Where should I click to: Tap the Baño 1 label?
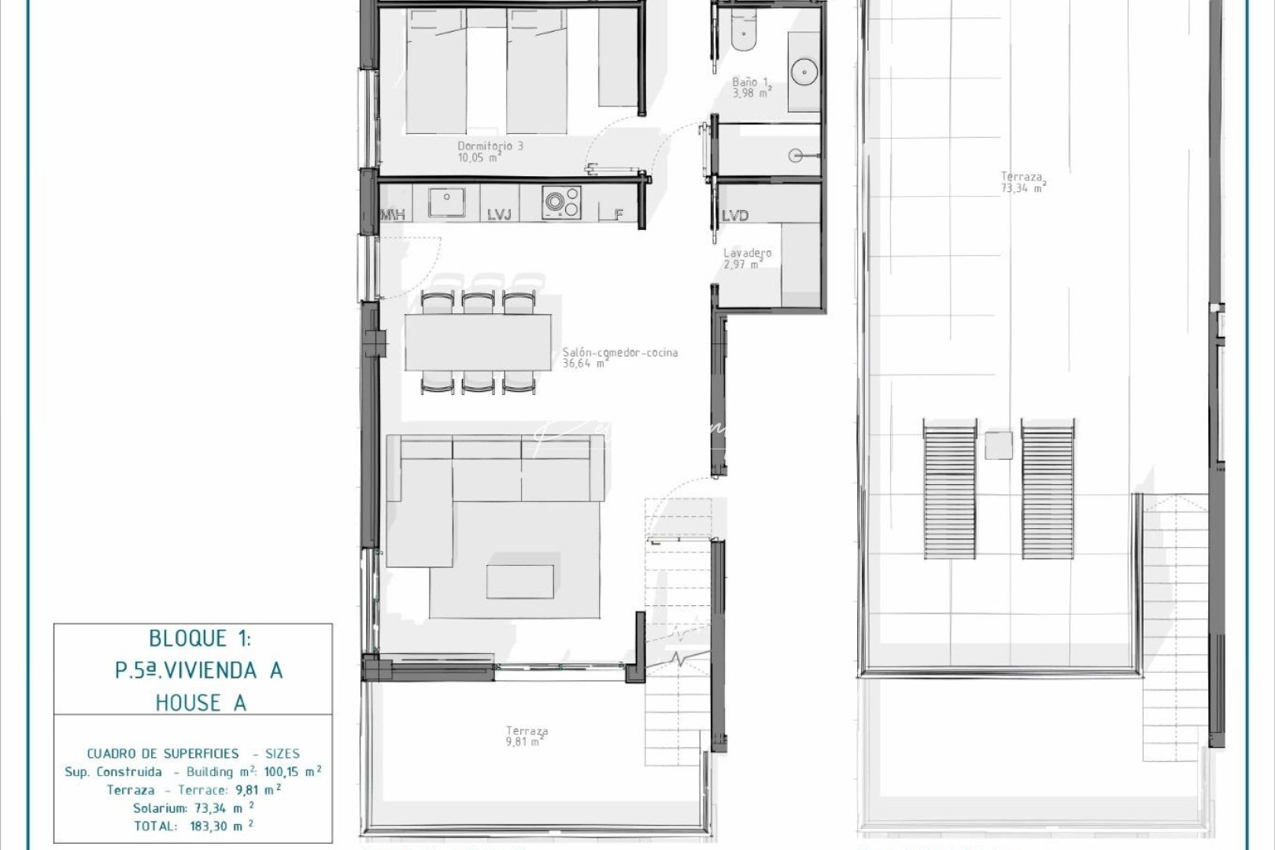pyautogui.click(x=751, y=87)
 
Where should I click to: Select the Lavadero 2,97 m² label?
pyautogui.click(x=746, y=259)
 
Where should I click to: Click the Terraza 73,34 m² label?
pyautogui.click(x=1022, y=183)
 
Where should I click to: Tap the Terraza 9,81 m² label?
pyautogui.click(x=527, y=736)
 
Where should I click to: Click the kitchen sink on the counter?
pyautogui.click(x=446, y=202)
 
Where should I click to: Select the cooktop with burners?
pyautogui.click(x=562, y=202)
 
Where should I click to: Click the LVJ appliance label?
pyautogui.click(x=499, y=215)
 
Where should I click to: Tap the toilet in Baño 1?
pyautogui.click(x=741, y=31)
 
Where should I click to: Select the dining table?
pyautogui.click(x=479, y=342)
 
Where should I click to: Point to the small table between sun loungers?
pyautogui.click(x=999, y=445)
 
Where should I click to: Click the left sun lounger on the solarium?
pyautogui.click(x=948, y=489)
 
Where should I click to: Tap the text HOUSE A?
pyautogui.click(x=201, y=702)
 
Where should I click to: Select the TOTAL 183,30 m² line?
pyautogui.click(x=194, y=826)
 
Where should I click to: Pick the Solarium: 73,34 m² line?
pyautogui.click(x=194, y=807)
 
